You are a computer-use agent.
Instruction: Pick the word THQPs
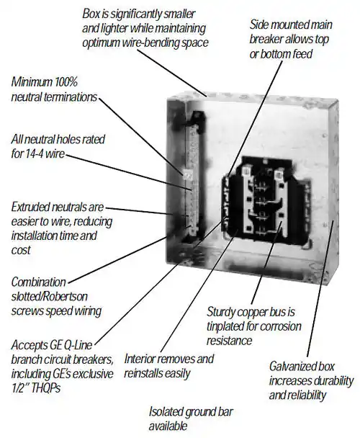click(45, 388)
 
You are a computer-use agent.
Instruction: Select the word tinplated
click(225, 327)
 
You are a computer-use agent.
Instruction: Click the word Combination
click(39, 282)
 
